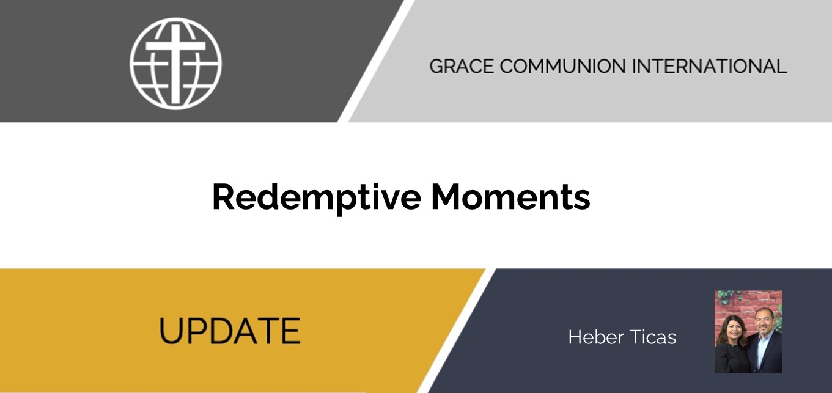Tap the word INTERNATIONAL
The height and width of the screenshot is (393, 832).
(709, 66)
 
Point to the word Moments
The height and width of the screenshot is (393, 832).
(510, 197)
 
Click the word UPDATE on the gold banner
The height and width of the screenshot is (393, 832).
(229, 331)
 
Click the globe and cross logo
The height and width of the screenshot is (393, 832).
(175, 64)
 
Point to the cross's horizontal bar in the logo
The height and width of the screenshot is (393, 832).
(175, 46)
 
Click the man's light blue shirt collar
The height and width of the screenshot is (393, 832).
(764, 336)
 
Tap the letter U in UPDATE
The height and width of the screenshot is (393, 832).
(169, 331)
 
